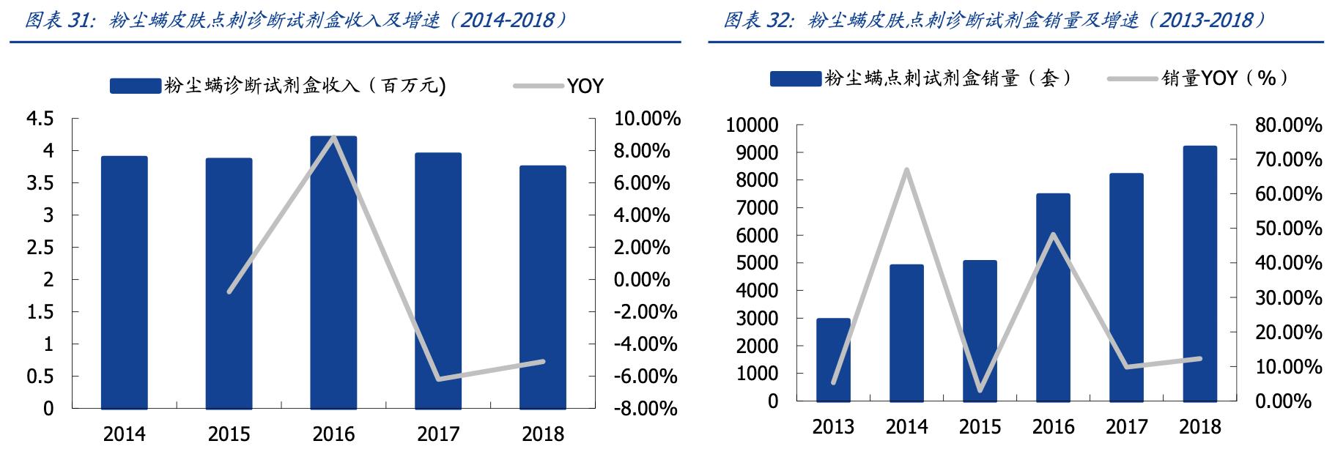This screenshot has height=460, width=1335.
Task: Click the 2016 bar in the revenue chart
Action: coord(333,272)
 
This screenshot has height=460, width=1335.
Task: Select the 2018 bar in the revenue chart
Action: coord(543,286)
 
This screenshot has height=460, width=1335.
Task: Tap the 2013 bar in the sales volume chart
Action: coord(833,360)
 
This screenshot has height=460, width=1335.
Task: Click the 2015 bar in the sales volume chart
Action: coord(980,330)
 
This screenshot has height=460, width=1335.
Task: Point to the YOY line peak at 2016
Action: coord(334,137)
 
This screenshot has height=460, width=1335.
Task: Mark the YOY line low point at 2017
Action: coord(439,379)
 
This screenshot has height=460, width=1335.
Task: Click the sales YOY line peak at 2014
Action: coord(906,170)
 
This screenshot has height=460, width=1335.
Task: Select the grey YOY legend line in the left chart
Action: coord(538,86)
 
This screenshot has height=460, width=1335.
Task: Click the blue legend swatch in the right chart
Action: coord(795,78)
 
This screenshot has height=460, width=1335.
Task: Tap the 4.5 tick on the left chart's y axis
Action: coord(40,119)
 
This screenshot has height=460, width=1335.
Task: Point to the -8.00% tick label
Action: coord(645,409)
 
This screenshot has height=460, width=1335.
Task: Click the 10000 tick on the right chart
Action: coord(751,125)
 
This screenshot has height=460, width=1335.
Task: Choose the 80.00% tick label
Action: coord(1288,125)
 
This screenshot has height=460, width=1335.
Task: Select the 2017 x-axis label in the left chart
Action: coord(438,434)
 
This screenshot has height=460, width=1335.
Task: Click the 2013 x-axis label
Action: coord(833,427)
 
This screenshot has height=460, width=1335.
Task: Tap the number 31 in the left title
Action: coord(78,20)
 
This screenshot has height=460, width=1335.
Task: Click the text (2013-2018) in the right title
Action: coord(1209,20)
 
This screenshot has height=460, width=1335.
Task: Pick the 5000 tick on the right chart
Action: coord(755,263)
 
